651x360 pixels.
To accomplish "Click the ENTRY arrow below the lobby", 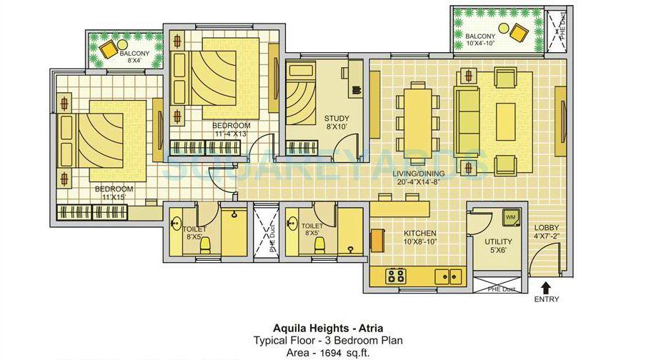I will coord(547,286).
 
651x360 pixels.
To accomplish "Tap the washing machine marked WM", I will coord(511,216).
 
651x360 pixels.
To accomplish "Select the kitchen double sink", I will coord(449,274).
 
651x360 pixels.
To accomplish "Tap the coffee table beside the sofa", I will coord(506,117).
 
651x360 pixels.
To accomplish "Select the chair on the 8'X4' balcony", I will coord(109,50).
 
